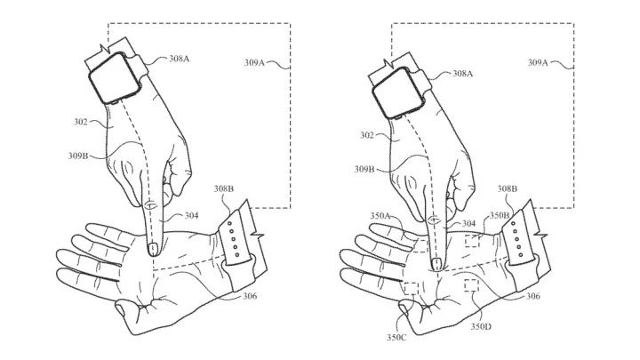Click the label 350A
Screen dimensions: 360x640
(x=388, y=214)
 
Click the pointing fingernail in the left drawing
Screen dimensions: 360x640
(x=152, y=249)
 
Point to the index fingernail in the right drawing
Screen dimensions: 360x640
(x=437, y=262)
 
